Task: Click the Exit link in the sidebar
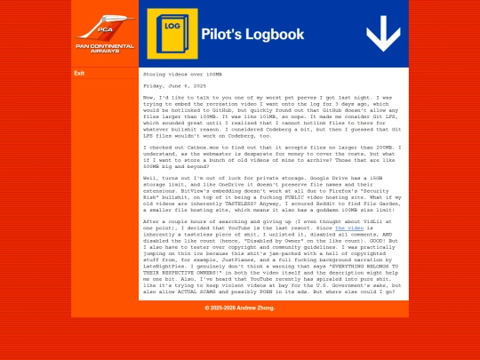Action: tap(79, 73)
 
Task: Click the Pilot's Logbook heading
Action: tap(252, 35)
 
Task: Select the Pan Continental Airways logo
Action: tap(105, 35)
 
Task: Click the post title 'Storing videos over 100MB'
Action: tap(183, 74)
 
